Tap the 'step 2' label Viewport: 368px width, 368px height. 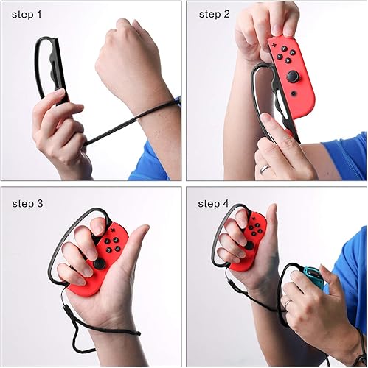click(215, 14)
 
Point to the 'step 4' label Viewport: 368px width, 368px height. click(215, 203)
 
